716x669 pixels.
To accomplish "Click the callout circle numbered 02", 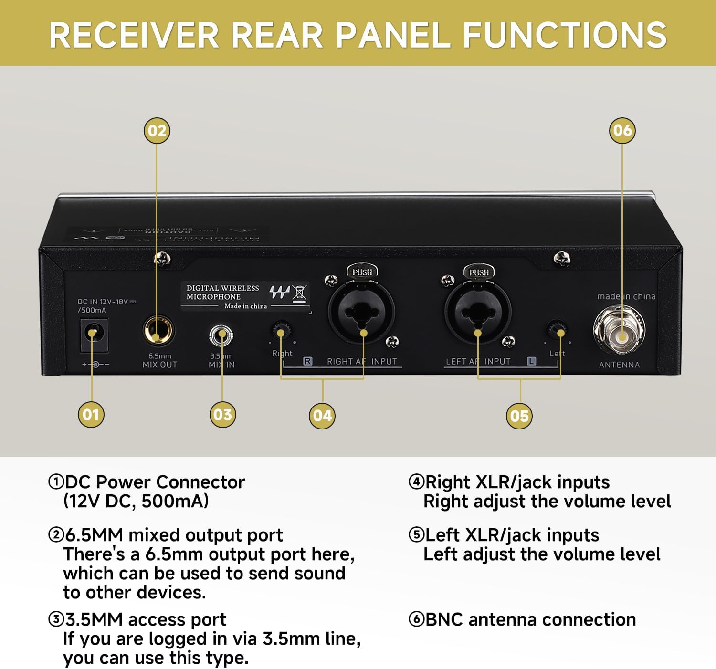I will pos(157,131).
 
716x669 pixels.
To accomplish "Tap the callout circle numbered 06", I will pos(622,130).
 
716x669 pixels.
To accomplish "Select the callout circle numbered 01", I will pos(91,414).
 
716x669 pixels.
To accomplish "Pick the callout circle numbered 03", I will pos(222,414).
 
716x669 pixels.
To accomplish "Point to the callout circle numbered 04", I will pos(322,416).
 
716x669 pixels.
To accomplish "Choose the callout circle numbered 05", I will pos(519,416).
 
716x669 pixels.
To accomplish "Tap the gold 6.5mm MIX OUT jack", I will pos(158,330).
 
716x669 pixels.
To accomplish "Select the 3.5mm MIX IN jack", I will pos(221,335).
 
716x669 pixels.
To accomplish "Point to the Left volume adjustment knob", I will pos(557,329).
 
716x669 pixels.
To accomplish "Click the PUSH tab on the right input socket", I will pos(362,272).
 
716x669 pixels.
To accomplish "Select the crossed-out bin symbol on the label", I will pos(299,292).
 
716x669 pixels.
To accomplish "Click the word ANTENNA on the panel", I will pos(619,365).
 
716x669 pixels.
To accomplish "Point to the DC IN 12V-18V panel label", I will pos(107,305).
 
